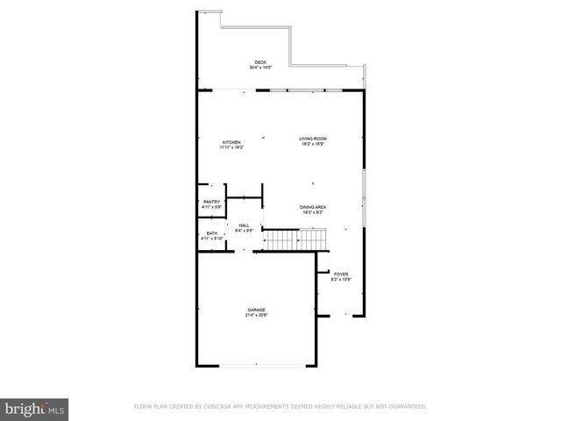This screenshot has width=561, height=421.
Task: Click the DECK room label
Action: pos(261,62)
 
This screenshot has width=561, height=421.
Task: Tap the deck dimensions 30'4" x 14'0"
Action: pos(261,68)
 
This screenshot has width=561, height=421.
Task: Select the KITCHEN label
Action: pos(231,142)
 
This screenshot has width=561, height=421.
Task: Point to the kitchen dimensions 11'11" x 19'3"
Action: pos(231,147)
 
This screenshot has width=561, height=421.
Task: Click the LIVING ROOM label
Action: pos(313,139)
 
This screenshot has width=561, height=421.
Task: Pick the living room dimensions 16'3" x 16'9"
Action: pos(313,144)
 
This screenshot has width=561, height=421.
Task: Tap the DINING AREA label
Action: pos(313,207)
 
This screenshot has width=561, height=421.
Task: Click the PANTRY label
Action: pos(211,202)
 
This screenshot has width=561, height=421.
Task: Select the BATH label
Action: pos(211,233)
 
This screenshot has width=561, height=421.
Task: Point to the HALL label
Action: pos(245,225)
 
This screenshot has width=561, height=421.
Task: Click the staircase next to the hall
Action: pos(295,239)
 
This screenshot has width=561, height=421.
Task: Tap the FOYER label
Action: pos(341,275)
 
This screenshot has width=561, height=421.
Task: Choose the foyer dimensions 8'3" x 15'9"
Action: pos(341,280)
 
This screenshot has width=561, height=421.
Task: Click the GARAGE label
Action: pos(256,310)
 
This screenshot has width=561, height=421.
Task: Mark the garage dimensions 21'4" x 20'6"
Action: pos(256,315)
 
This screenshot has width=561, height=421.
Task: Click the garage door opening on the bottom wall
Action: pos(256,365)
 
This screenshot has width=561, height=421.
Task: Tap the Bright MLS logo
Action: pos(35,408)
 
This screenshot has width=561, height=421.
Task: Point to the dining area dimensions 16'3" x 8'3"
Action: pos(313,212)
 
